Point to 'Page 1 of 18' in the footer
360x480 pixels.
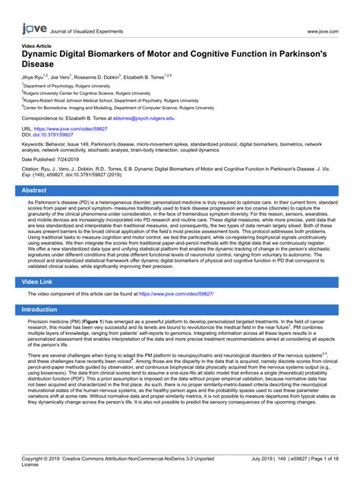click(323, 459)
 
